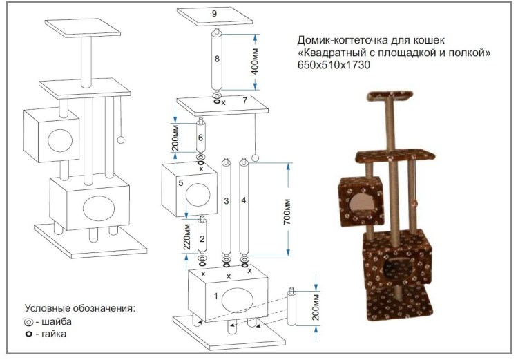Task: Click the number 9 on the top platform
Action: (215, 13)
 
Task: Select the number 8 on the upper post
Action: (217, 60)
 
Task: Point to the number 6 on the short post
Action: (200, 138)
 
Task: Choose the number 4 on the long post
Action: (244, 200)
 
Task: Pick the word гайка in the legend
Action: (55, 334)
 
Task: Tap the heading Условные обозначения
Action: (79, 307)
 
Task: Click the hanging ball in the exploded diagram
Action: (254, 158)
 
